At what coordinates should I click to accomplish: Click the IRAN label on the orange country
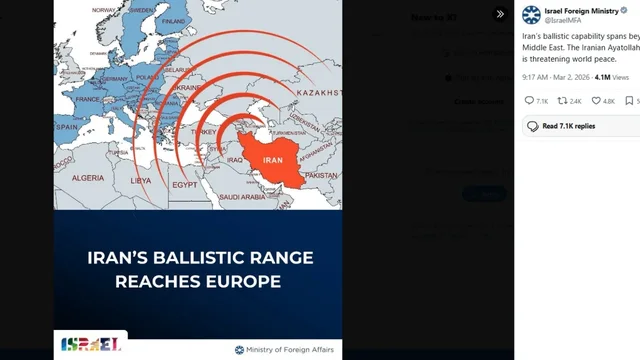pos(273,160)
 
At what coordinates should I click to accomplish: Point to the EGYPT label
pos(185,184)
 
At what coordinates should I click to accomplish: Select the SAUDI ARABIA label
pos(242,197)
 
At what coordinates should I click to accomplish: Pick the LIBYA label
pos(141,181)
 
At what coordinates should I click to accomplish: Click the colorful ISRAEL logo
pos(91,345)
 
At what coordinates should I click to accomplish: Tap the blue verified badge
pos(621,10)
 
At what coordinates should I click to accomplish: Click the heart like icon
pos(596,101)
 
